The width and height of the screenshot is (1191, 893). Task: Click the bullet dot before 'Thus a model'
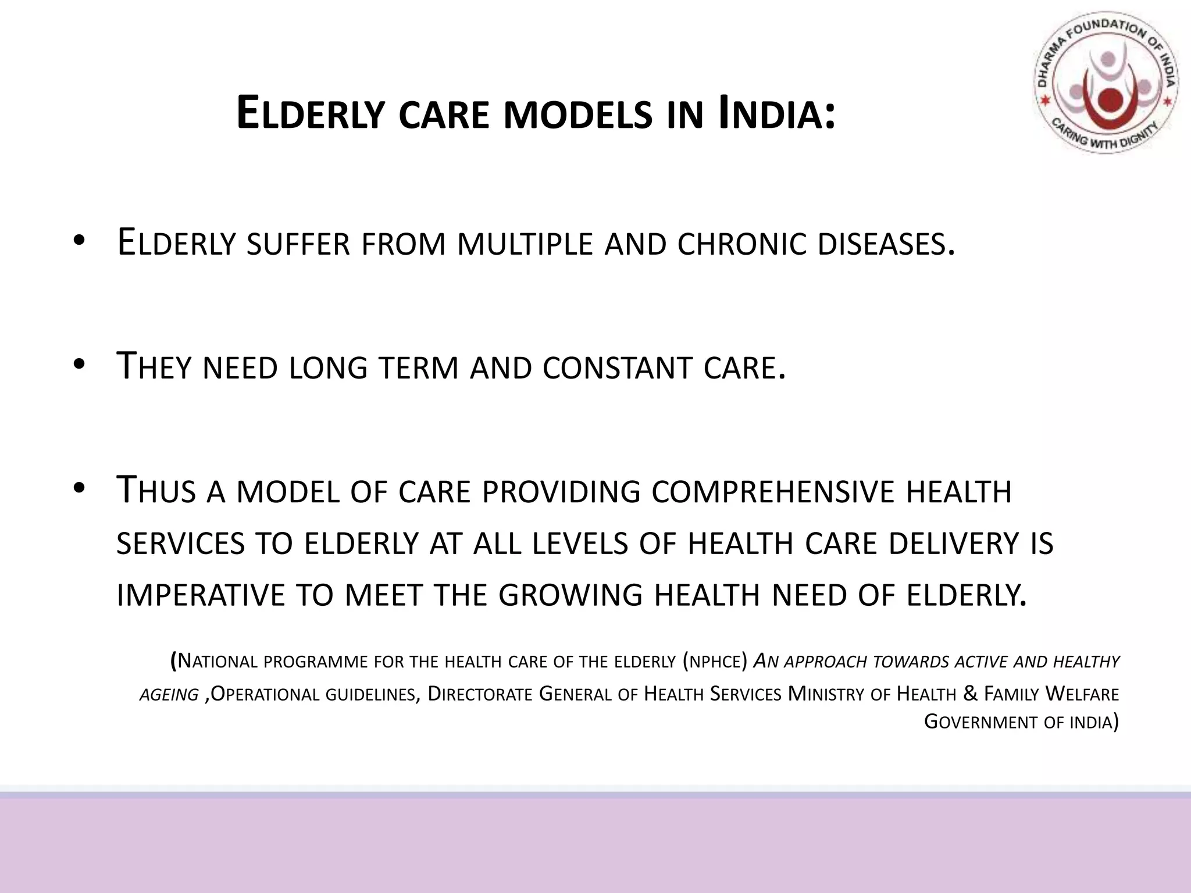click(x=80, y=489)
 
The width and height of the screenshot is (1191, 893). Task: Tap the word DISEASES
click(x=885, y=244)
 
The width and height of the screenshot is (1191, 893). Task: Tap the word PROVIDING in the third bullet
click(x=561, y=492)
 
